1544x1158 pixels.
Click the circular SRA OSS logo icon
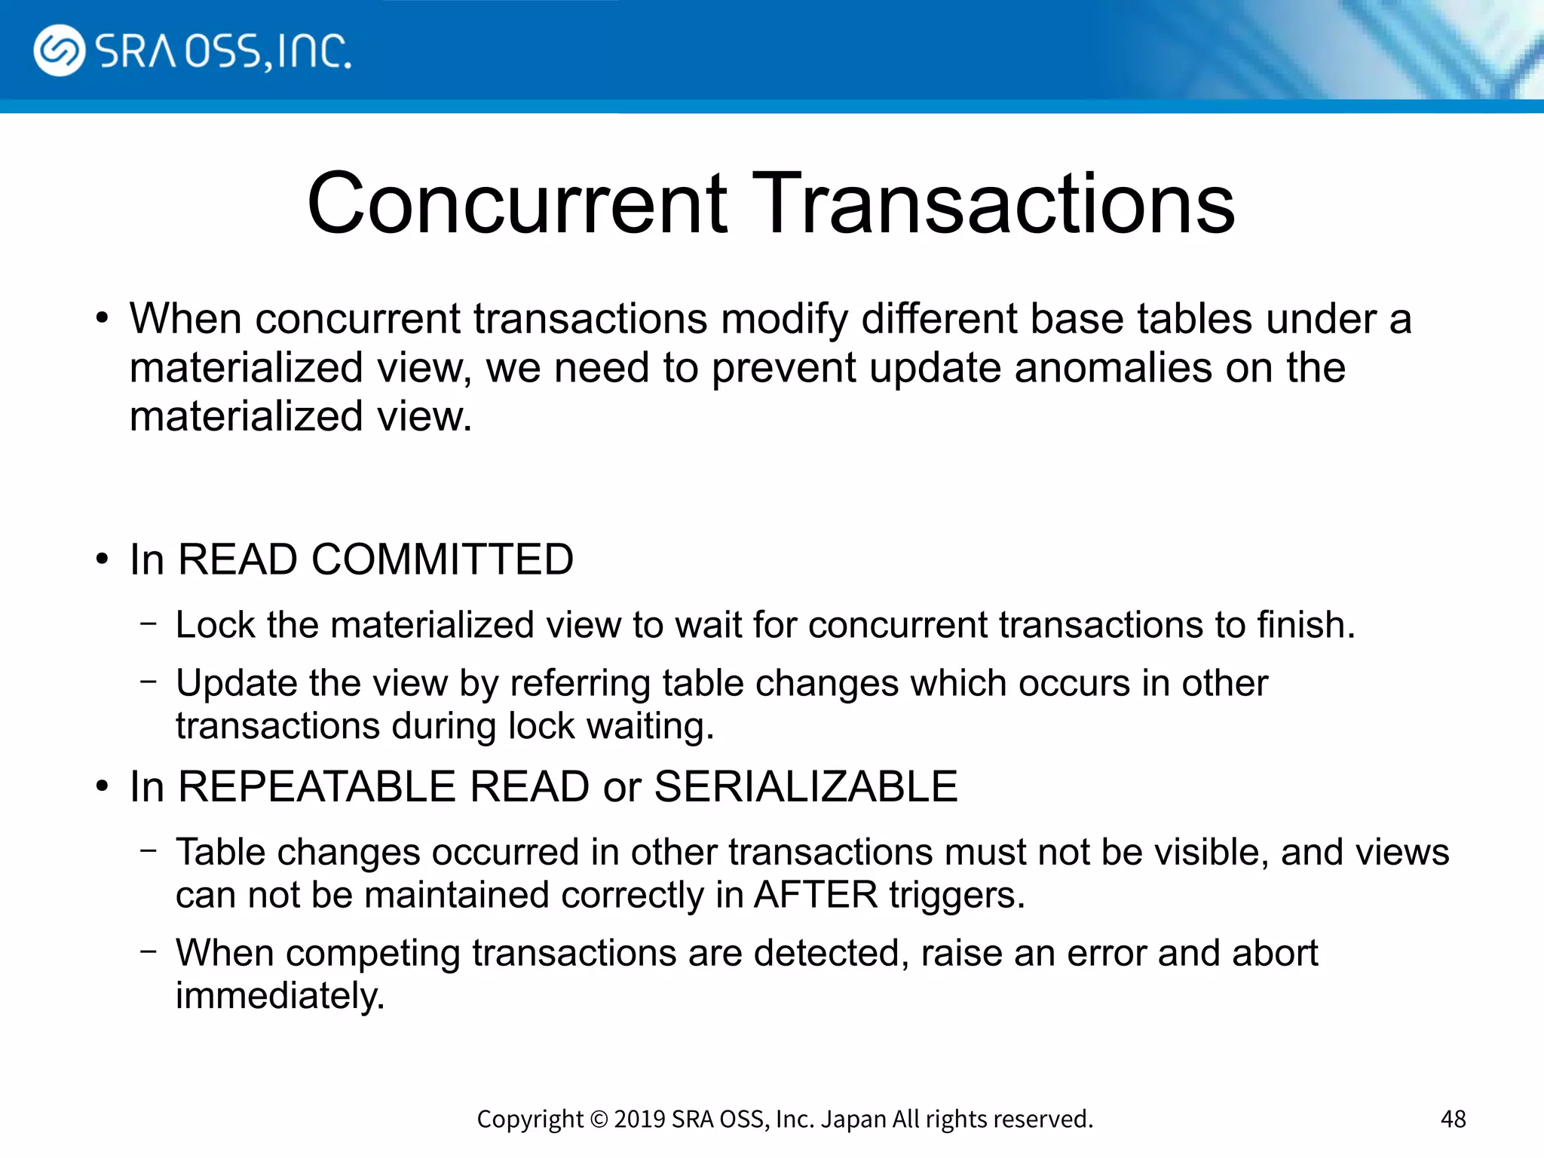[59, 51]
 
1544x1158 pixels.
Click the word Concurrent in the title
[517, 204]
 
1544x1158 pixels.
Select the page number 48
[1453, 1119]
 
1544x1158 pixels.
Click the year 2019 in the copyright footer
[639, 1119]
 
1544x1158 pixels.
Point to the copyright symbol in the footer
[599, 1119]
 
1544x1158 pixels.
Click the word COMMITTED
[443, 559]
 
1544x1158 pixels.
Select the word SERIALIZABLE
[805, 786]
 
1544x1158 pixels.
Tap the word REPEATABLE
[317, 786]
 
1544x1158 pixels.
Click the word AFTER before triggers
[816, 896]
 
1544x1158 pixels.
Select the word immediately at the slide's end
[280, 997]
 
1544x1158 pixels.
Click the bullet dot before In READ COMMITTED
[103, 560]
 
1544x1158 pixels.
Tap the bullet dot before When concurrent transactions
[103, 319]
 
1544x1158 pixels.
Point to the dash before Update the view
[149, 682]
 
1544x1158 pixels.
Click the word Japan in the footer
[853, 1119]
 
